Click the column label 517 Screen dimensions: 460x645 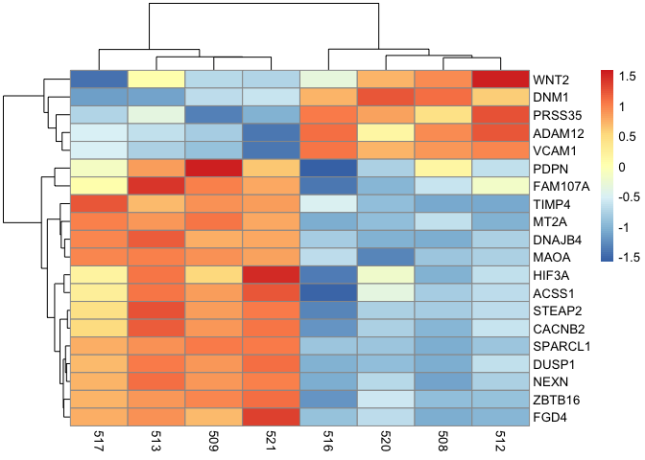pyautogui.click(x=99, y=442)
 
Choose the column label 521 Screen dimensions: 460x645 pyautogui.click(x=272, y=442)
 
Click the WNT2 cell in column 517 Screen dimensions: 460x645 pyautogui.click(x=99, y=79)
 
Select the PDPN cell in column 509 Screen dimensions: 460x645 pyautogui.click(x=214, y=168)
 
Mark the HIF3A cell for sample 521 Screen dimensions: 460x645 pyautogui.click(x=272, y=273)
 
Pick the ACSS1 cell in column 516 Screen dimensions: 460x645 pyautogui.click(x=329, y=291)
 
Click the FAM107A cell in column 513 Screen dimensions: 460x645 pyautogui.click(x=156, y=185)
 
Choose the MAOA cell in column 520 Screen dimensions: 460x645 pyautogui.click(x=387, y=256)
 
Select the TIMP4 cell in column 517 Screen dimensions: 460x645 pyautogui.click(x=99, y=203)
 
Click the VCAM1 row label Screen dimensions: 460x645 pyautogui.click(x=553, y=149)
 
